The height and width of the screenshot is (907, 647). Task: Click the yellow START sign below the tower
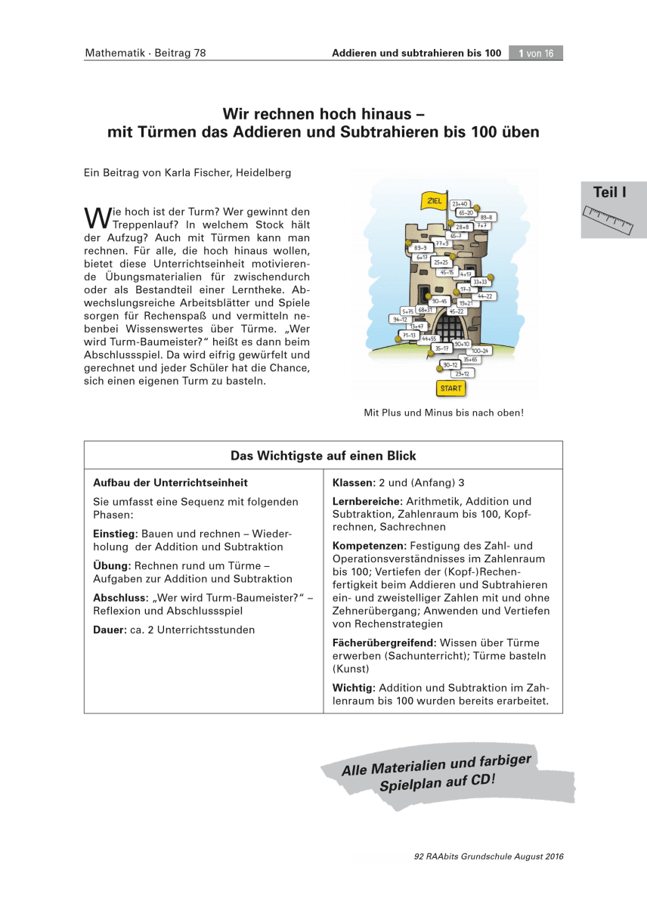click(450, 388)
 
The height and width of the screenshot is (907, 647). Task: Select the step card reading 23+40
click(460, 204)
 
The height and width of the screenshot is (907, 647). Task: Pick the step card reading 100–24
click(480, 351)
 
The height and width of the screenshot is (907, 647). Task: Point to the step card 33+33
click(480, 281)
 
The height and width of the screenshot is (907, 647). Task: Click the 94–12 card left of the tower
click(399, 320)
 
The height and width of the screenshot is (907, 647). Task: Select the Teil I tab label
click(609, 193)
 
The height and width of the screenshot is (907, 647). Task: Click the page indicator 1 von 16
click(536, 53)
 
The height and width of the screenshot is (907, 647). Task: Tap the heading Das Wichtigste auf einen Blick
click(323, 456)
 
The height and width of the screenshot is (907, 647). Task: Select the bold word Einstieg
click(115, 534)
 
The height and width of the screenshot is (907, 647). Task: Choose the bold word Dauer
click(109, 630)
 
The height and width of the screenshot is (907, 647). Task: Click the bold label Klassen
click(353, 482)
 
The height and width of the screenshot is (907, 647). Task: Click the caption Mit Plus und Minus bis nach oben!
click(444, 413)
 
